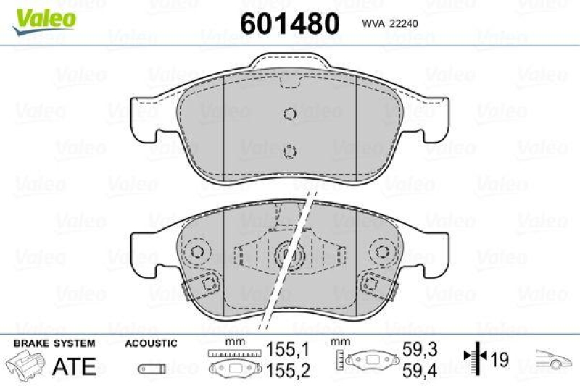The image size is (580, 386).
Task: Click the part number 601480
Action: pyautogui.click(x=289, y=23)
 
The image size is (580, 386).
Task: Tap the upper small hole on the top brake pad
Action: pyautogui.click(x=289, y=114)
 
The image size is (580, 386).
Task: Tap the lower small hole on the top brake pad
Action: pyautogui.click(x=289, y=151)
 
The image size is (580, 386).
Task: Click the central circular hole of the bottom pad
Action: pyautogui.click(x=289, y=255)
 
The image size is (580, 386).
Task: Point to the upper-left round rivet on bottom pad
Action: pyautogui.click(x=196, y=252)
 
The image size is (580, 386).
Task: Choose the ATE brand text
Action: pyautogui.click(x=75, y=366)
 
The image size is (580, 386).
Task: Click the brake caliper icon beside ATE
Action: pyautogui.click(x=27, y=364)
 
